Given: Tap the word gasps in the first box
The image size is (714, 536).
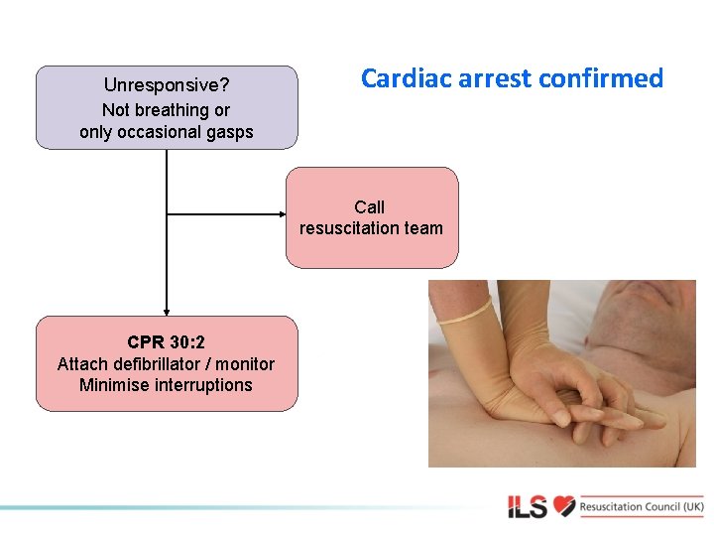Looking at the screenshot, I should pyautogui.click(x=228, y=132).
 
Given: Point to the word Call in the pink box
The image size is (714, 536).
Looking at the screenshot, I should pyautogui.click(x=370, y=206).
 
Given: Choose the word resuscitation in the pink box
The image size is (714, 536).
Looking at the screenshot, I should pyautogui.click(x=349, y=228).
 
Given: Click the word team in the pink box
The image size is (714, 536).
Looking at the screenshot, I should pyautogui.click(x=422, y=228).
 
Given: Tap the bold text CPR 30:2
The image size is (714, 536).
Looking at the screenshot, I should pyautogui.click(x=167, y=342).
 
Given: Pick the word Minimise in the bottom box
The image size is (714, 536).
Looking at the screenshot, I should pyautogui.click(x=115, y=385).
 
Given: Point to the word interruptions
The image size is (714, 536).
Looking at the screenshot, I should pyautogui.click(x=203, y=385).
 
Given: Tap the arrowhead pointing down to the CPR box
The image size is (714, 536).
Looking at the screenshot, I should pyautogui.click(x=167, y=310).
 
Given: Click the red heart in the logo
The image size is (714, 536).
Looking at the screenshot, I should pyautogui.click(x=565, y=506).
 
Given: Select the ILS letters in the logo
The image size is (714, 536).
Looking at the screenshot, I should pyautogui.click(x=528, y=506).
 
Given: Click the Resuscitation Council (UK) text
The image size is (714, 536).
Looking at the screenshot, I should pyautogui.click(x=643, y=506).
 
